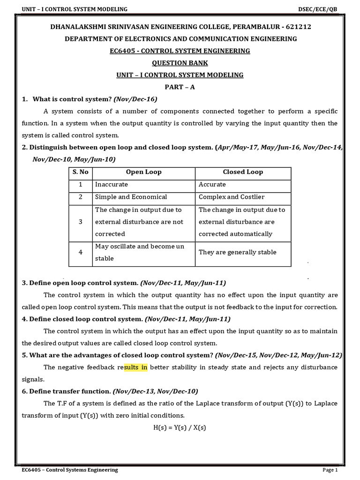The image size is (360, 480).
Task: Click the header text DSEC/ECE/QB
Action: point(317,9)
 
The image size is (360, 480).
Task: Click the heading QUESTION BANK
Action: point(180,63)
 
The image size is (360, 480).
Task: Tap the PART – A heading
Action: point(180,87)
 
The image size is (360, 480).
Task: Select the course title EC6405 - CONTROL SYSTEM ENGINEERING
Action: point(180,51)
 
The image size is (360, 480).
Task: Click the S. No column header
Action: point(81,172)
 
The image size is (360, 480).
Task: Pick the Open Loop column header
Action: point(143,172)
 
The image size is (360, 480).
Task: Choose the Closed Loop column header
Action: point(243,172)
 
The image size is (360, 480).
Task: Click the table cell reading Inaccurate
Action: point(112,184)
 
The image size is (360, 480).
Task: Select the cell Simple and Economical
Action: point(131,197)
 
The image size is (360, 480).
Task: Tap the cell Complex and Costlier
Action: point(232,197)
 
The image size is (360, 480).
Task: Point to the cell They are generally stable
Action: point(238,252)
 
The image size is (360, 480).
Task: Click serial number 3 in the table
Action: point(81,222)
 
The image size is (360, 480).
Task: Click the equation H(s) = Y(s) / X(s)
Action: point(180,427)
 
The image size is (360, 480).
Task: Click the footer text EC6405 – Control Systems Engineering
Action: point(70,470)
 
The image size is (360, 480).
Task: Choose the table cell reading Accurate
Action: point(212,184)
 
